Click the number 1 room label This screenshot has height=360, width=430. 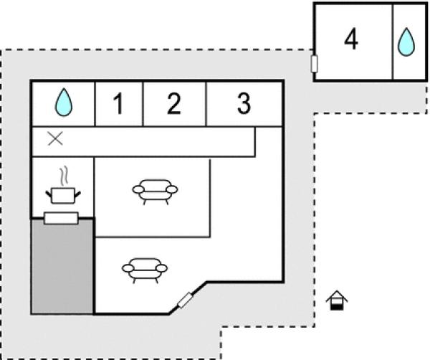[118, 105]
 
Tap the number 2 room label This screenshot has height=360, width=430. [174, 105]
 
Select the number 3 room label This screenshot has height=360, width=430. [244, 105]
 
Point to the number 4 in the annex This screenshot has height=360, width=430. [351, 40]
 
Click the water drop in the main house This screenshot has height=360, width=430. [64, 103]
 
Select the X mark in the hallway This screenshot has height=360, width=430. [54, 139]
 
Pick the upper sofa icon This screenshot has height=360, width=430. [155, 191]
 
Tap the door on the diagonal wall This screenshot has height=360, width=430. [186, 300]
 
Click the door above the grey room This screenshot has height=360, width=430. [61, 218]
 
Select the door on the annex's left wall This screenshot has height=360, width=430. [314, 64]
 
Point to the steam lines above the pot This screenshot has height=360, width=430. [64, 175]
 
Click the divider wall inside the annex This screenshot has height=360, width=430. [392, 42]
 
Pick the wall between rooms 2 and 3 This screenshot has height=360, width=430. [206, 105]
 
